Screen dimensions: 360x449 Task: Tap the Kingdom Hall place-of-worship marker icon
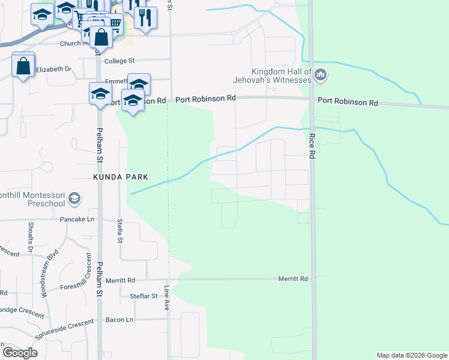[321, 75]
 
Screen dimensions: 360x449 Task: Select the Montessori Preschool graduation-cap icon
[74, 198]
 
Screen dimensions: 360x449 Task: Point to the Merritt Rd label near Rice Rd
[293, 279]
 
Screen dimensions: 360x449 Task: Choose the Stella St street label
[120, 230]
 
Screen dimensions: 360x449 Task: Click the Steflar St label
[143, 296]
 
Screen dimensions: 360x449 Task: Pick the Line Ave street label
[167, 297]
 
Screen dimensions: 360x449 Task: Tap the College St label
[121, 61]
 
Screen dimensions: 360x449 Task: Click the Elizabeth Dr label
[53, 70]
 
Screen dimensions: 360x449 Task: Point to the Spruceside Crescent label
[64, 330]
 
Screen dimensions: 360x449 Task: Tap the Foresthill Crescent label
[83, 280]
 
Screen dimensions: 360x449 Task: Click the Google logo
[20, 353]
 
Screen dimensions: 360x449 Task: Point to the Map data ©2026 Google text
[412, 355]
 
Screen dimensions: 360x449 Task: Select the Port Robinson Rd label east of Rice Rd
[348, 102]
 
